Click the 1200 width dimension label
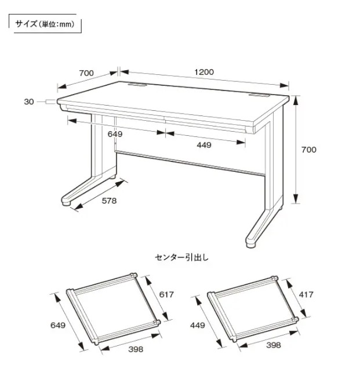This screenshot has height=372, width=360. [x=204, y=72]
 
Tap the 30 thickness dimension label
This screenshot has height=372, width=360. [x=29, y=102]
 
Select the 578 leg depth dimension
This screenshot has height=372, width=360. [x=109, y=201]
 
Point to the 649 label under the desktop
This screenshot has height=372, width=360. [x=115, y=134]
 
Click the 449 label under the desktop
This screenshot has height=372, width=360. [x=204, y=145]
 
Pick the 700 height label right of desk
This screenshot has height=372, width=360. [x=309, y=150]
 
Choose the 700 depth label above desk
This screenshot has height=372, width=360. [x=86, y=73]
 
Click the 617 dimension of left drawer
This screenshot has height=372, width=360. [x=166, y=294]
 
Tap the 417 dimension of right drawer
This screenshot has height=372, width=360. [x=306, y=294]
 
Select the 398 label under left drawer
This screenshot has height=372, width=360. [x=136, y=349]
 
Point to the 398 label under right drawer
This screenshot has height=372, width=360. [x=274, y=345]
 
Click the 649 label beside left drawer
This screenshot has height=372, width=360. [x=58, y=325]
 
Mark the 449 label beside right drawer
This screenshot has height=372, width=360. [x=198, y=325]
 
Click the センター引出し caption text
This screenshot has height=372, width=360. [x=182, y=258]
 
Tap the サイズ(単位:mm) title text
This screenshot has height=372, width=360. [x=45, y=24]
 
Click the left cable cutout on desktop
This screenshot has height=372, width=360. [x=137, y=84]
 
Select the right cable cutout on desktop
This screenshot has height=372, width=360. [x=259, y=96]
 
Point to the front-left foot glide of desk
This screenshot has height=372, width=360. [x=66, y=202]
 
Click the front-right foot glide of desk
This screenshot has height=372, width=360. [x=251, y=244]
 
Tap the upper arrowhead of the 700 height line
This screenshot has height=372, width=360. [x=295, y=100]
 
